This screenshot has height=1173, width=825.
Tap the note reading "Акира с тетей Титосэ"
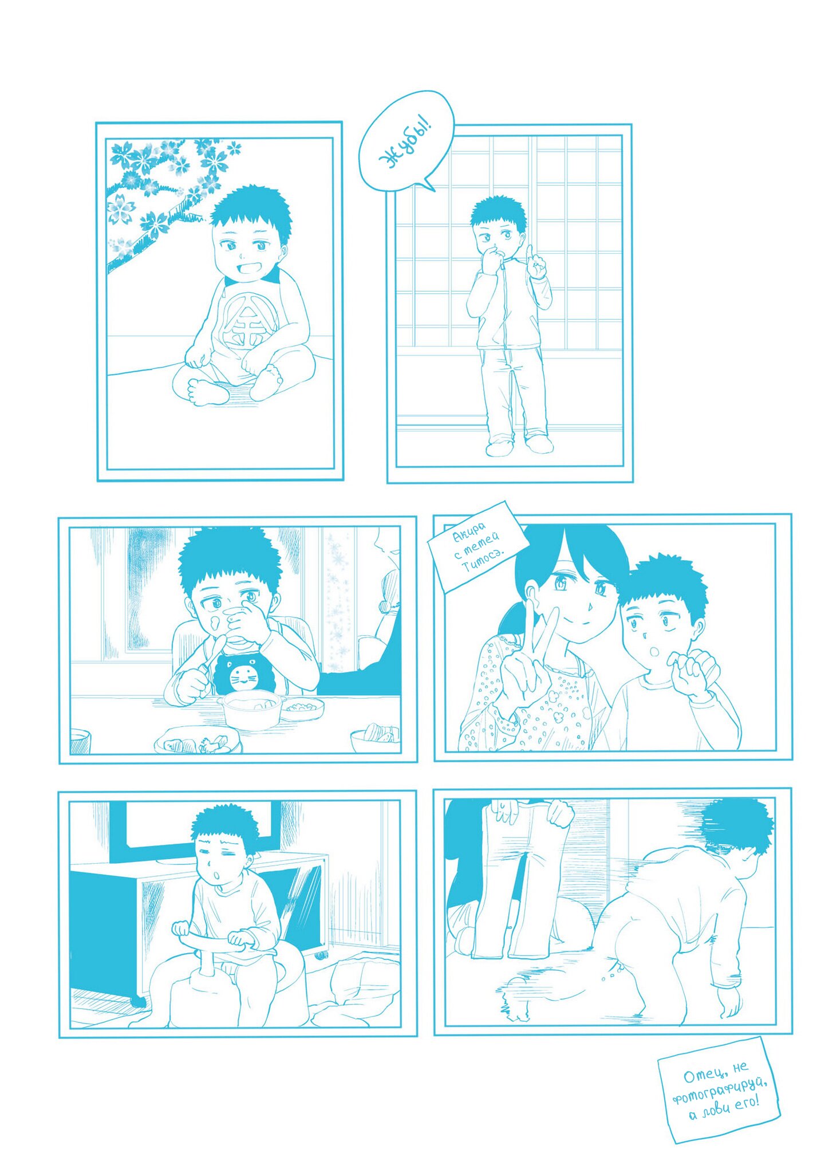(x=477, y=546)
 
